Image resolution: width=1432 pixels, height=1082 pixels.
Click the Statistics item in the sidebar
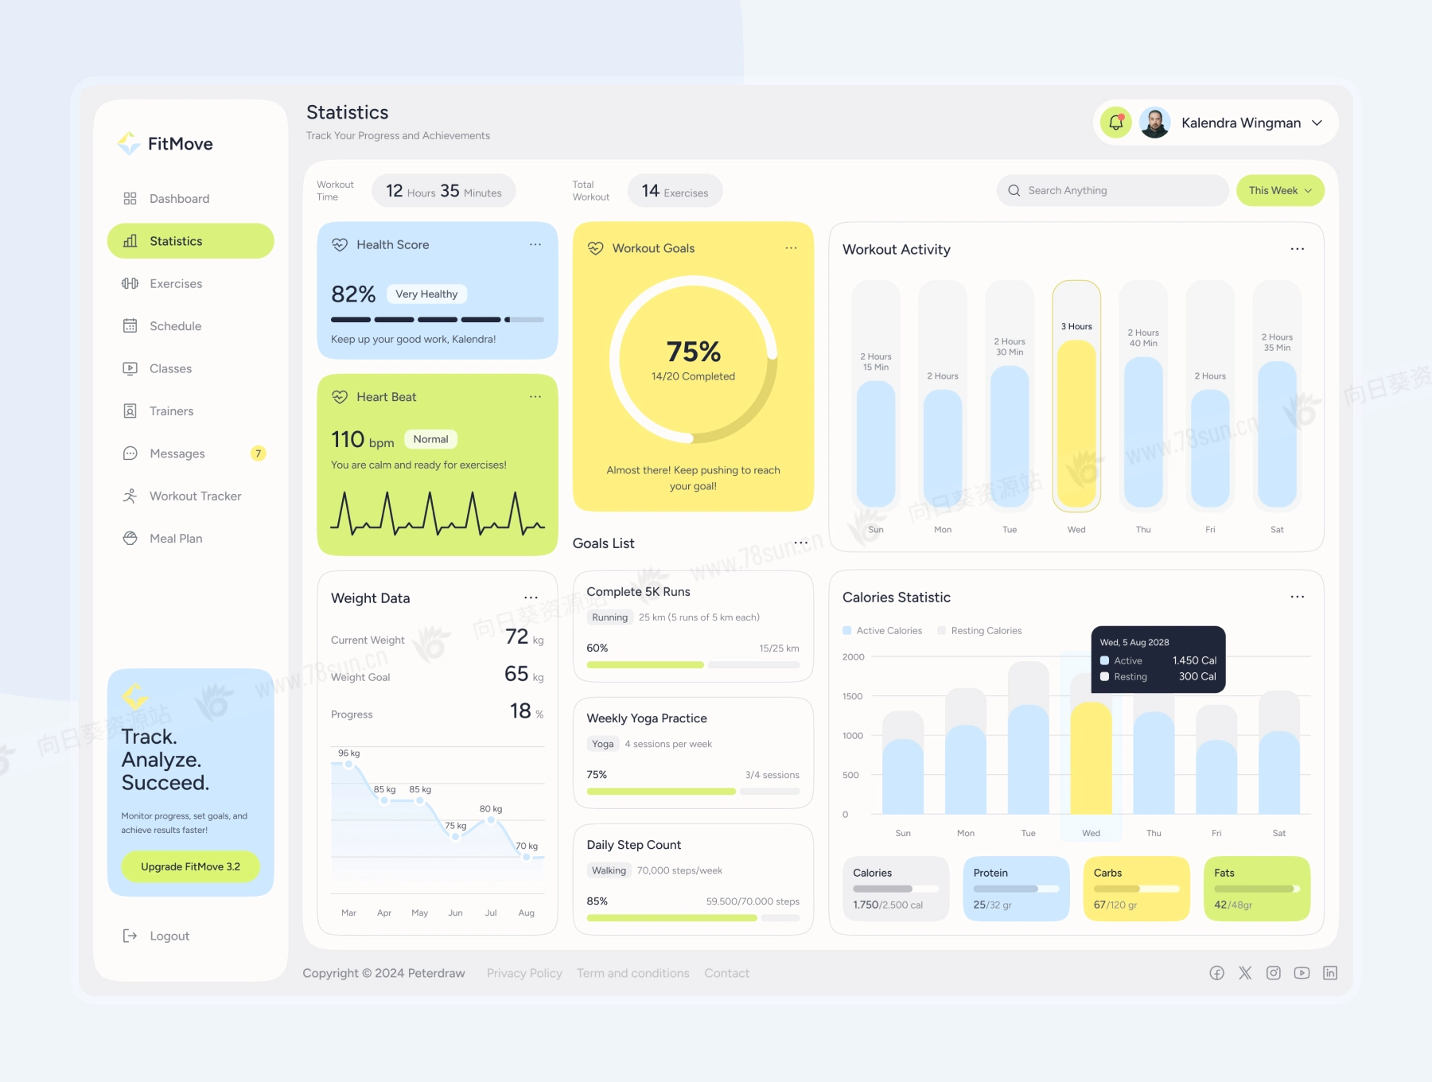(x=190, y=241)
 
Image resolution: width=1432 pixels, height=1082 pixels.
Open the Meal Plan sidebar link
(x=176, y=539)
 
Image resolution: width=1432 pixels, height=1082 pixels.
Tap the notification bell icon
(x=1115, y=123)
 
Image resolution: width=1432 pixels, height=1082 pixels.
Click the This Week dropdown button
(x=1279, y=191)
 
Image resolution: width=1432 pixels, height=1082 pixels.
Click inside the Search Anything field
(x=1114, y=191)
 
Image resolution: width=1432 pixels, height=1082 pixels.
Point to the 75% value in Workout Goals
(x=693, y=352)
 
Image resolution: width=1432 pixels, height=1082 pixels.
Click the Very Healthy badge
(x=426, y=294)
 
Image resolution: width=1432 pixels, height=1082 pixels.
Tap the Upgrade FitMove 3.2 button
(x=190, y=866)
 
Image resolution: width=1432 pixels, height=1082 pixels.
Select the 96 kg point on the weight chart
(x=348, y=765)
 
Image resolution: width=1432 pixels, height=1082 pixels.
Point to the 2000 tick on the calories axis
(x=853, y=657)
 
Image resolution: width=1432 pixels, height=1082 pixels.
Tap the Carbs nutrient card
(x=1136, y=888)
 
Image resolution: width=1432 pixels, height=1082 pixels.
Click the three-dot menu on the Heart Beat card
(x=535, y=397)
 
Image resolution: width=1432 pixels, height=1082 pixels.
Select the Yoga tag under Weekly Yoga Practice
(x=602, y=744)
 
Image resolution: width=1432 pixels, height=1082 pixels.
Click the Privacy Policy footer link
(x=524, y=973)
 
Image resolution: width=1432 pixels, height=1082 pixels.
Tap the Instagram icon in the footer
(x=1274, y=973)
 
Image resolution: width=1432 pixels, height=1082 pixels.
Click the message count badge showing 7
(x=258, y=453)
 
